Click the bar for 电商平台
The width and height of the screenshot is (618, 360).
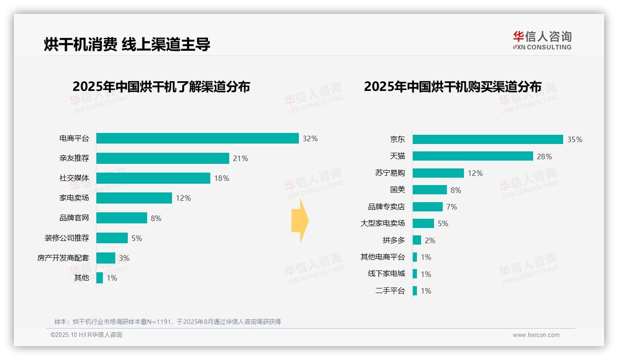(x=197, y=138)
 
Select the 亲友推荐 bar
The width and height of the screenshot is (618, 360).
(x=162, y=158)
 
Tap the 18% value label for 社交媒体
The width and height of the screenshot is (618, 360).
(x=221, y=178)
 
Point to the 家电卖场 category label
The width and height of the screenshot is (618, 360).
(x=74, y=198)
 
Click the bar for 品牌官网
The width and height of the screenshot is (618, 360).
(x=122, y=218)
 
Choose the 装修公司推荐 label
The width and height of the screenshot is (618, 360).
(x=67, y=238)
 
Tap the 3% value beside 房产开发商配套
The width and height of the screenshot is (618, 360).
(x=124, y=258)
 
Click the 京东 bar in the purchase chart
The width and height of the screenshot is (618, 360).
(x=487, y=139)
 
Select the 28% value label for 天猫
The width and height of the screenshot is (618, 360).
(x=544, y=156)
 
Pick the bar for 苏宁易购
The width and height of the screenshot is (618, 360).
(x=438, y=173)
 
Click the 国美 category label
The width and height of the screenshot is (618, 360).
(x=397, y=190)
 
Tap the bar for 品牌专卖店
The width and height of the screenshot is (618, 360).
(x=428, y=207)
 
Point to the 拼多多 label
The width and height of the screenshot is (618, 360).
(x=393, y=240)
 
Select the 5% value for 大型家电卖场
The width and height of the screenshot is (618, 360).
(x=443, y=223)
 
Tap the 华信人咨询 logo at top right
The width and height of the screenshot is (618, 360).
(x=542, y=40)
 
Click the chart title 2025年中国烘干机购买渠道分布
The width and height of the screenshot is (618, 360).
(x=452, y=87)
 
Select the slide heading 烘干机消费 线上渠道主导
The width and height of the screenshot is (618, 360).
(x=127, y=44)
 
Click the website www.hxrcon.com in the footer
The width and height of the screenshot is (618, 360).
(x=536, y=335)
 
